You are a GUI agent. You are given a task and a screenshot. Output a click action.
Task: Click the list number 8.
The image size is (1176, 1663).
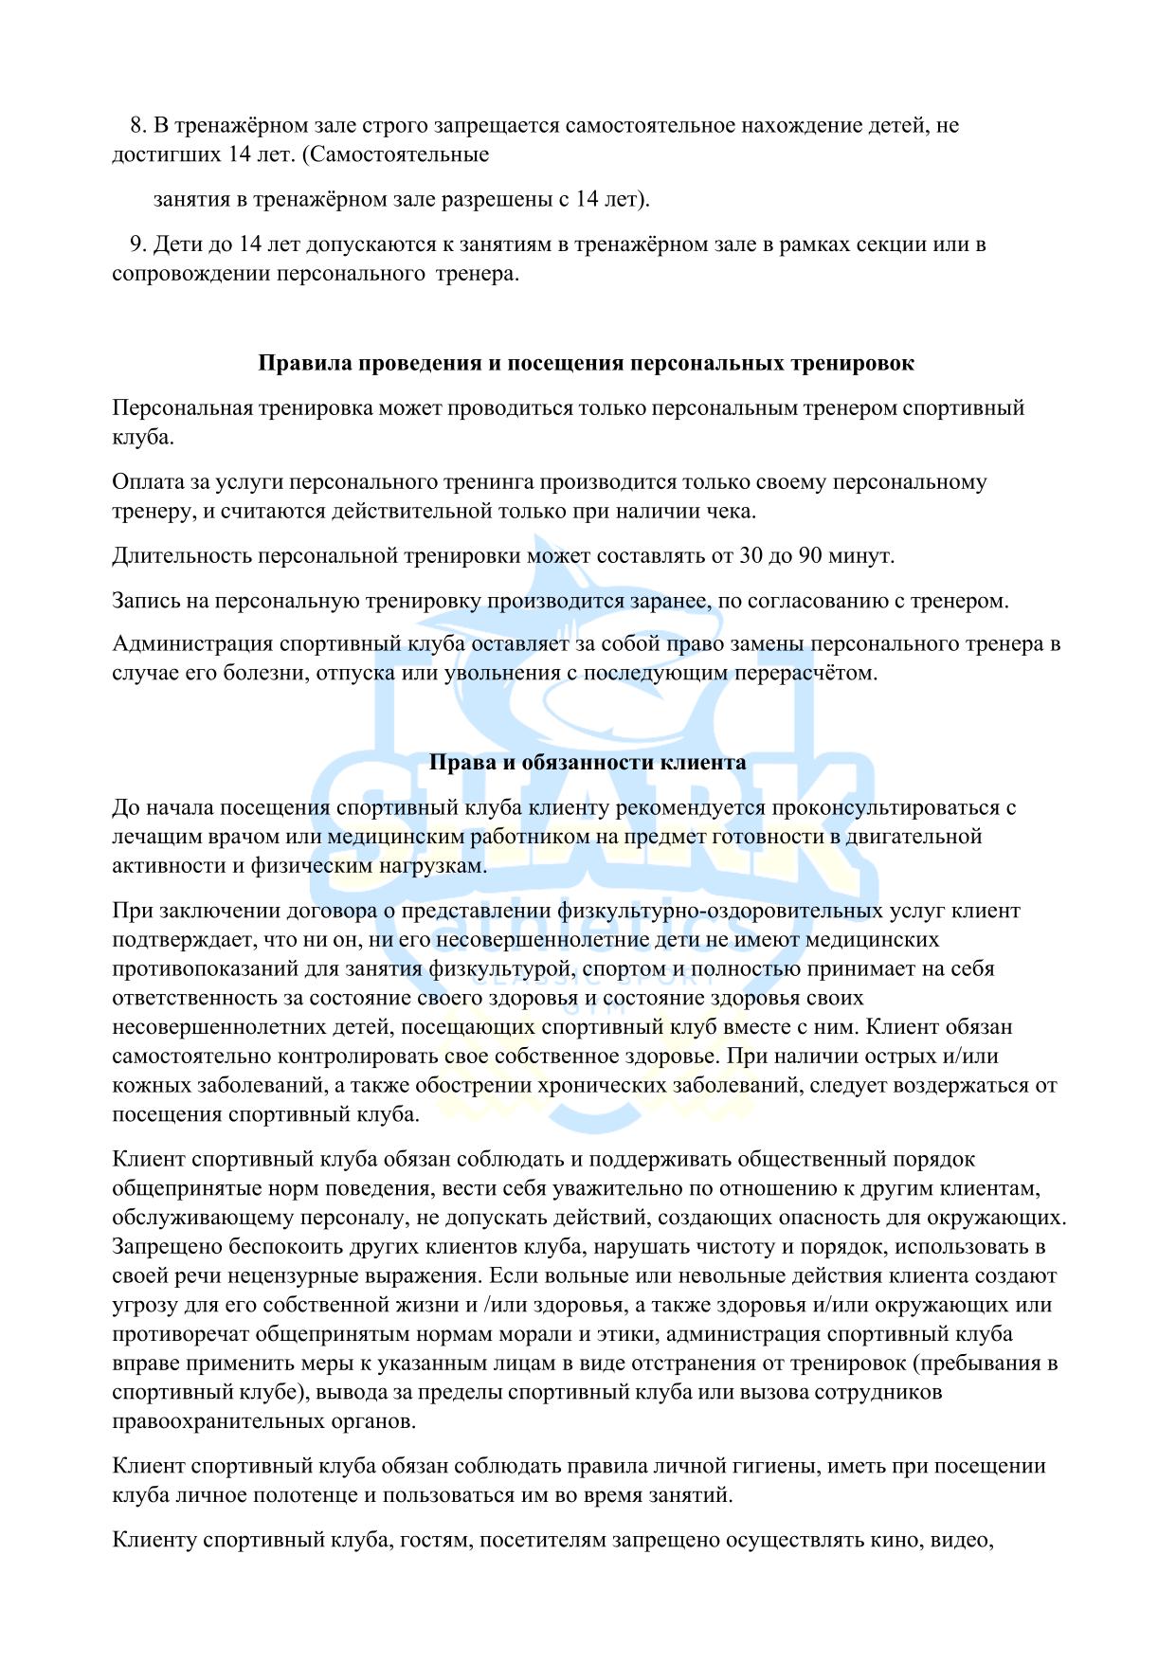136,126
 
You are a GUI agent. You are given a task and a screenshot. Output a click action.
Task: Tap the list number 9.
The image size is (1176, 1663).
136,244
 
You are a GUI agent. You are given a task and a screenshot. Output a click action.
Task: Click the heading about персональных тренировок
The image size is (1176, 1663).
587,363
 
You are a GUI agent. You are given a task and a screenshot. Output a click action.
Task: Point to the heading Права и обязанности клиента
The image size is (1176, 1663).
588,762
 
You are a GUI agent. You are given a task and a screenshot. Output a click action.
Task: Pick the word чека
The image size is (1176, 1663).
733,511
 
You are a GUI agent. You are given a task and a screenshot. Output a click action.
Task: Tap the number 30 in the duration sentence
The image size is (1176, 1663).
751,555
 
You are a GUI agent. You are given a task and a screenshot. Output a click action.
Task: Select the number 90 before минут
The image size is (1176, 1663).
810,555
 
